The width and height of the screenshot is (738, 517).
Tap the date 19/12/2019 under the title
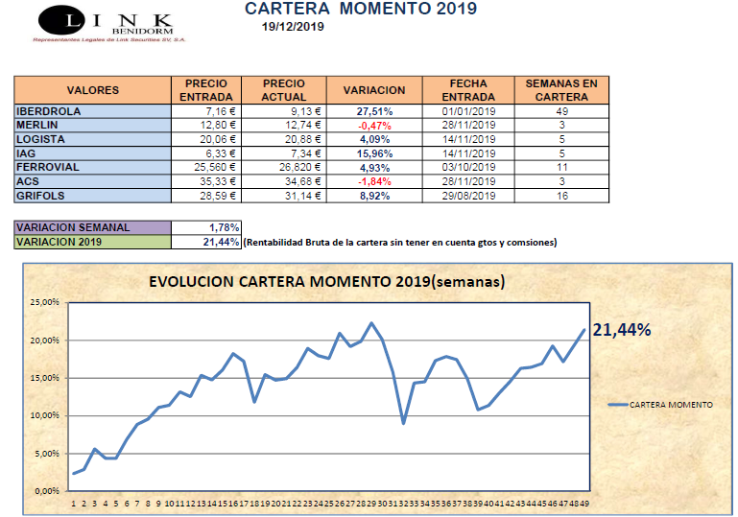(x=293, y=27)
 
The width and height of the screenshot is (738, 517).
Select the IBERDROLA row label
(x=49, y=110)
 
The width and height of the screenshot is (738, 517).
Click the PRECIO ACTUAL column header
(x=284, y=90)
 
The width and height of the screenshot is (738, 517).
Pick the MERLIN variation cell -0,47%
(x=372, y=125)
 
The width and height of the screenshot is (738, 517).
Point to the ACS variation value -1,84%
(x=372, y=181)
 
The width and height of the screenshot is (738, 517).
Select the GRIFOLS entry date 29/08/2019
(x=468, y=196)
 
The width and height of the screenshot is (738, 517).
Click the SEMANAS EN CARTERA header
(x=561, y=90)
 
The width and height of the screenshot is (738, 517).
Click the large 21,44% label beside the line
(x=621, y=330)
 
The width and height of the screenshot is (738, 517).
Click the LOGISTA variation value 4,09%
(x=372, y=139)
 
